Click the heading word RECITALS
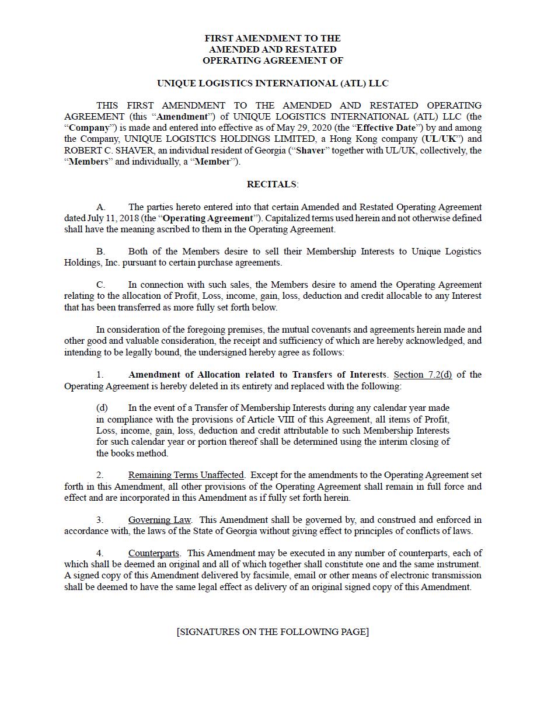click(272, 184)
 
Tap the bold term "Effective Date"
click(386, 128)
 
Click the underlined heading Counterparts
click(154, 553)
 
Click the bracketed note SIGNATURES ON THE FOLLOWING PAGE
click(273, 632)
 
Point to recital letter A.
click(101, 207)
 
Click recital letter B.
click(101, 252)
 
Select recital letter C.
click(101, 285)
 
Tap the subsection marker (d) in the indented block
click(102, 408)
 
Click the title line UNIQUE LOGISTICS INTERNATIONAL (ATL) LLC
click(273, 83)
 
